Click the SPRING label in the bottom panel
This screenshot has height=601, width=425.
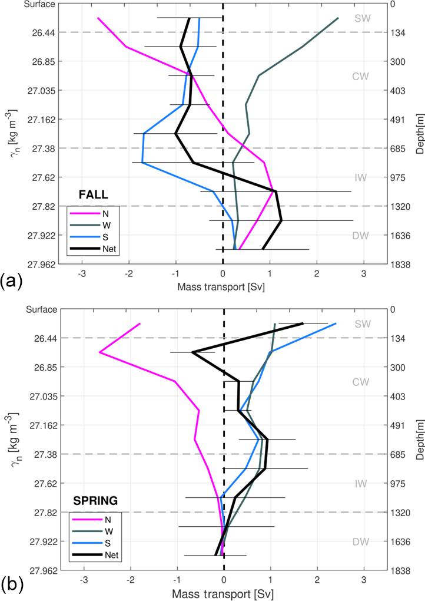pos(95,501)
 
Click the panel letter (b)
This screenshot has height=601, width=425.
pos(12,586)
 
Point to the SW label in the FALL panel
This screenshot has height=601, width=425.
pos(363,18)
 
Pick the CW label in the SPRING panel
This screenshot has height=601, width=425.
pos(361,382)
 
